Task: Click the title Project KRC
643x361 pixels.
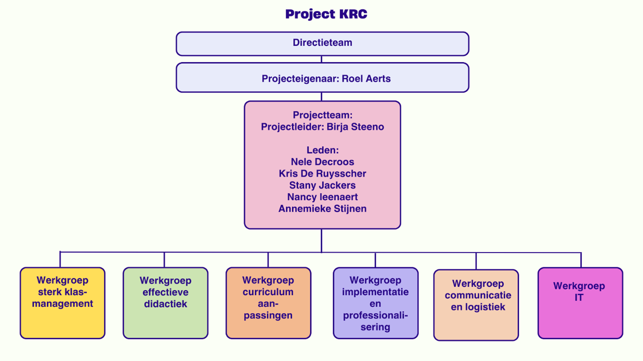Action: [x=326, y=14]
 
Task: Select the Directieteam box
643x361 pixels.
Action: [x=322, y=44]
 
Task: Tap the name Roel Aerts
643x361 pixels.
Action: [x=366, y=79]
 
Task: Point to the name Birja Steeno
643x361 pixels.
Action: [x=355, y=127]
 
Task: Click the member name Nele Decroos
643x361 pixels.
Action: [x=322, y=162]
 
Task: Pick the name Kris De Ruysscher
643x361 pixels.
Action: [x=322, y=173]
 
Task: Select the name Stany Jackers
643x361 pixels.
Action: [x=322, y=185]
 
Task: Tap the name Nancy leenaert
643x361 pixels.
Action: [x=322, y=197]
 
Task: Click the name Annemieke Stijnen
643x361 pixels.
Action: [x=322, y=209]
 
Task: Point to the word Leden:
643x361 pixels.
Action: [x=322, y=150]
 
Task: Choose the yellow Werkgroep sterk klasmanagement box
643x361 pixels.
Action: [x=63, y=303]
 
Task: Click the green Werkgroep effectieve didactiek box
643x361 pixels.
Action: [x=166, y=303]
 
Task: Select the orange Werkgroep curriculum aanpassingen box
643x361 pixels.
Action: [x=269, y=303]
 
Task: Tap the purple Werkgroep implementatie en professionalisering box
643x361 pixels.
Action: [x=375, y=303]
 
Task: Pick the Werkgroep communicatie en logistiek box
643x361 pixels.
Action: [x=476, y=305]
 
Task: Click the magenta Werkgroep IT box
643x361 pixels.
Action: [x=580, y=303]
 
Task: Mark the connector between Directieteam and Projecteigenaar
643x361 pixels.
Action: [x=321, y=59]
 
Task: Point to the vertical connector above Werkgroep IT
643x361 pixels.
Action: [x=581, y=260]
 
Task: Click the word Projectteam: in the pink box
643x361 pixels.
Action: [x=322, y=115]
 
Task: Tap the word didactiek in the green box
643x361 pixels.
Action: [x=166, y=304]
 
